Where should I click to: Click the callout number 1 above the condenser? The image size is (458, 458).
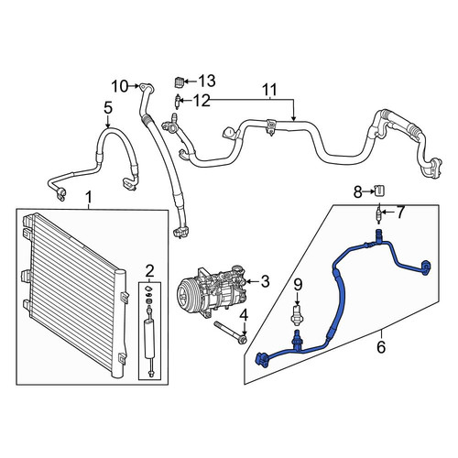(88, 197)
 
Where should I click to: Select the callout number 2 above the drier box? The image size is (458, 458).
(149, 270)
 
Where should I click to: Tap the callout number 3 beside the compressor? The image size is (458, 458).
(265, 281)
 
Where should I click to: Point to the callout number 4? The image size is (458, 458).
(244, 315)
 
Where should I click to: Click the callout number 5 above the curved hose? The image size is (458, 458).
(108, 108)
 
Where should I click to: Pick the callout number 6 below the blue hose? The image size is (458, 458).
(381, 347)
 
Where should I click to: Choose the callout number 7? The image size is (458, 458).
(400, 213)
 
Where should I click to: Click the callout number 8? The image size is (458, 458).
(357, 192)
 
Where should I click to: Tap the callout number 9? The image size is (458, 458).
(298, 285)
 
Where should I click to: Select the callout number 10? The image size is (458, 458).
(119, 86)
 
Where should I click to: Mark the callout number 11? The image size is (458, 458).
(269, 90)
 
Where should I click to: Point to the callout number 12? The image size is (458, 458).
(202, 101)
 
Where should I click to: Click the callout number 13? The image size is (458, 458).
(207, 81)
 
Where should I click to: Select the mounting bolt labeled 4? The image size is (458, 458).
(231, 333)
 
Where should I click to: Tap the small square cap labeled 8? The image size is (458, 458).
(379, 191)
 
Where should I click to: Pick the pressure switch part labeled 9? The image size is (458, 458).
(297, 313)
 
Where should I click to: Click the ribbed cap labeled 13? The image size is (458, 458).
(179, 82)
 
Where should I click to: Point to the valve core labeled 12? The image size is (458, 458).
(177, 102)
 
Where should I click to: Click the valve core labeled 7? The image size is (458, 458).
(378, 213)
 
